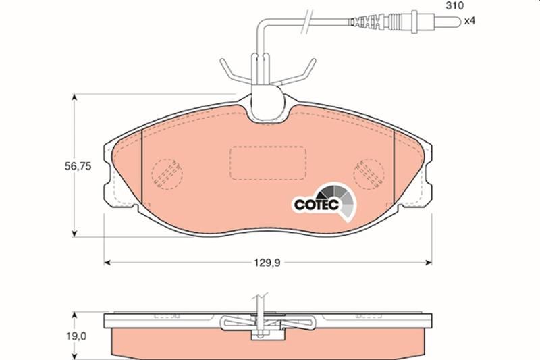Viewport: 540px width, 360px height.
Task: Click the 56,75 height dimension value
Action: tap(78, 166)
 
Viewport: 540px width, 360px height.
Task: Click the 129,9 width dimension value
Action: tap(267, 263)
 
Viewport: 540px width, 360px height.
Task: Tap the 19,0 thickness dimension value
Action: tap(76, 336)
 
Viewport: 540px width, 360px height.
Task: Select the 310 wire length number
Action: tap(454, 5)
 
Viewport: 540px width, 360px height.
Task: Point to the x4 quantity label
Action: tap(469, 21)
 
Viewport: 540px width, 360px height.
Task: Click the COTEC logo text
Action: tap(317, 205)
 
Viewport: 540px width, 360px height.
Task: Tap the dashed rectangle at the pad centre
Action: tap(268, 163)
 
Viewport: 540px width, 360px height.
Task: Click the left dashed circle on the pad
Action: tap(167, 174)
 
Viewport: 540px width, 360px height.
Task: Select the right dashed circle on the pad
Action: tap(369, 174)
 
